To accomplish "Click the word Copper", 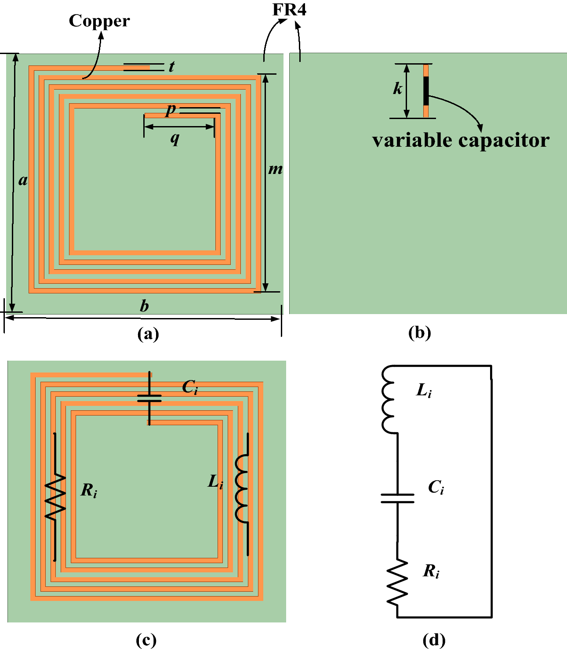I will [x=99, y=21].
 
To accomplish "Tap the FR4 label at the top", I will [x=289, y=10].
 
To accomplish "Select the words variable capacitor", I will [x=461, y=141].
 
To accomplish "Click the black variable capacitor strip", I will [x=426, y=91].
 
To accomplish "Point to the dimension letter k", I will [x=397, y=89].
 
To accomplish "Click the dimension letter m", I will [x=276, y=169].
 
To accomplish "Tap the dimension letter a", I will [x=23, y=180].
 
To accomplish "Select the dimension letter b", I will [x=144, y=306].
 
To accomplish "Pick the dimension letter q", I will [x=175, y=138].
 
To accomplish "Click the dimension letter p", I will [x=171, y=109].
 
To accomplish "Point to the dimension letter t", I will [x=171, y=66].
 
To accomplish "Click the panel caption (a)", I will [x=148, y=334].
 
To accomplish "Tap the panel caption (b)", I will [x=419, y=333].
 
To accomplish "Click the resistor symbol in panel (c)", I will [x=55, y=498].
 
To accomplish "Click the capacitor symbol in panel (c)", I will [x=149, y=398].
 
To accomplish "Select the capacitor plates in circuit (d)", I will [x=397, y=498].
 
